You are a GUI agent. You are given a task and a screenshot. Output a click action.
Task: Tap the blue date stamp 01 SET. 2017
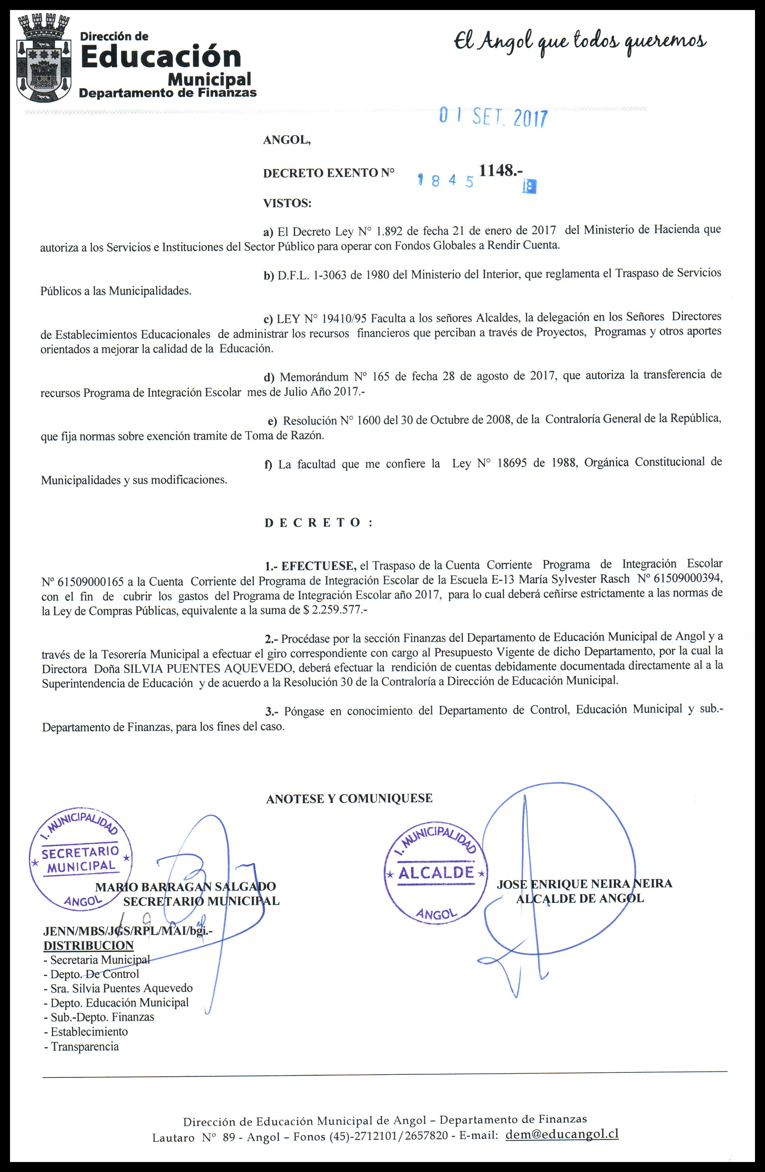pos(493,117)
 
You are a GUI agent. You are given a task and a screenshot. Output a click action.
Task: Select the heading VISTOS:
pos(287,203)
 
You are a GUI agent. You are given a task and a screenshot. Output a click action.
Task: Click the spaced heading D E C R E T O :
pos(318,523)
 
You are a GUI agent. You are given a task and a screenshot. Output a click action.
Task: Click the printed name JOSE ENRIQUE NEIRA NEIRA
pos(584,884)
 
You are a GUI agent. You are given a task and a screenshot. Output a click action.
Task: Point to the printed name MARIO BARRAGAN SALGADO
pos(185,887)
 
